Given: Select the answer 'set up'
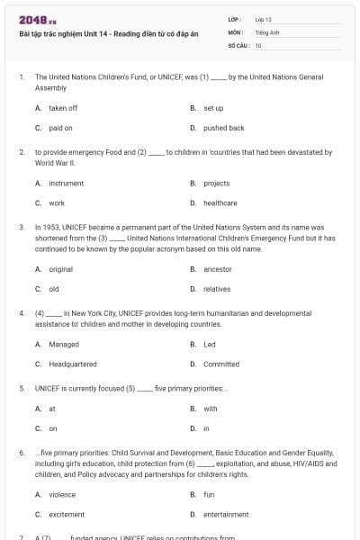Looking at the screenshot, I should [213, 108].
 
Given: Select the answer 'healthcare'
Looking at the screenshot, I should [220, 203].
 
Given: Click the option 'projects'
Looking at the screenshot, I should [216, 184].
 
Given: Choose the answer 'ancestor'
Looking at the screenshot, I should [218, 269].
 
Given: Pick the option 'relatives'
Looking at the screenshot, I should [217, 289].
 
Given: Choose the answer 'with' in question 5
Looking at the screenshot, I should [210, 409].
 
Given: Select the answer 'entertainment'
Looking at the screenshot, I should [226, 514].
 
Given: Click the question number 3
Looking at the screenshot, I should [22, 227].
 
